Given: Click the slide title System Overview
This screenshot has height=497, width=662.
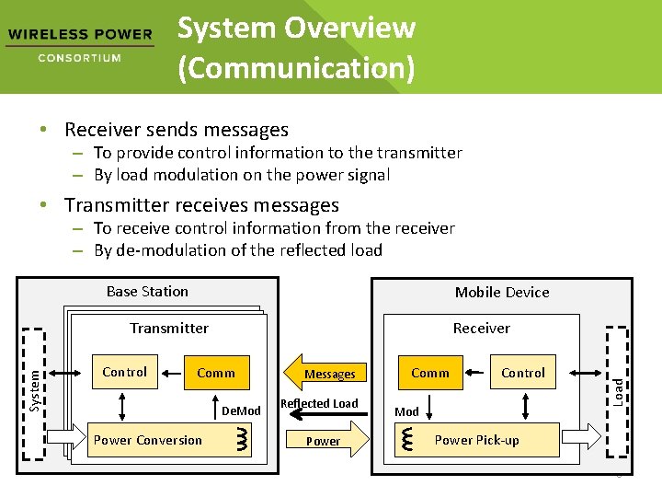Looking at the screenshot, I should pos(295,47).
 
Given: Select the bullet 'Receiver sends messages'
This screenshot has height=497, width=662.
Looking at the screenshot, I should pos(176,130).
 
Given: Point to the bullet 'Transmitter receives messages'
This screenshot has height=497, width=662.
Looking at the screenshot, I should pos(201,205).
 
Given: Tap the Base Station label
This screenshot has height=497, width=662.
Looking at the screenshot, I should pos(147,292).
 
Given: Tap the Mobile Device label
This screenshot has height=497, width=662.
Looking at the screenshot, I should pos(501,293).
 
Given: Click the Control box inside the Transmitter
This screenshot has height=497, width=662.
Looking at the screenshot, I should pos(124,372).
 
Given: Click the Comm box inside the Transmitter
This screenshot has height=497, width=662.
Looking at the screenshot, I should pos(216,373).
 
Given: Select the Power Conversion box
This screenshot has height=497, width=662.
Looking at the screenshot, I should pos(148,440).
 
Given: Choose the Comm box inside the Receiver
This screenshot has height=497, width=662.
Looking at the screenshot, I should pos(430,373).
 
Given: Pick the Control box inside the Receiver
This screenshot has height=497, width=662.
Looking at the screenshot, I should pos(523,373).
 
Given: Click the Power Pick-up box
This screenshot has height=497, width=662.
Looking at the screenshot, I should pos(476,440).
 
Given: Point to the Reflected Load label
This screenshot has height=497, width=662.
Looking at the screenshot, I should pos(319,404).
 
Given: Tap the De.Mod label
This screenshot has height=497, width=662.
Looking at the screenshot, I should pos(242,410).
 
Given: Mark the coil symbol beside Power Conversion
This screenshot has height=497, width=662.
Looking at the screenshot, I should pos(242,440).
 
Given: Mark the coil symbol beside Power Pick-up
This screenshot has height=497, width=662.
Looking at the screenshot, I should pos(406,440).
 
